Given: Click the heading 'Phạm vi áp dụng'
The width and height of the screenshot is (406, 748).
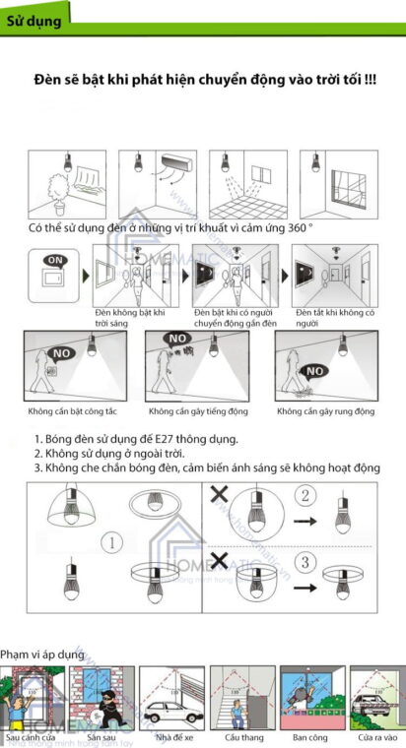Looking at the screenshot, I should [41, 654].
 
